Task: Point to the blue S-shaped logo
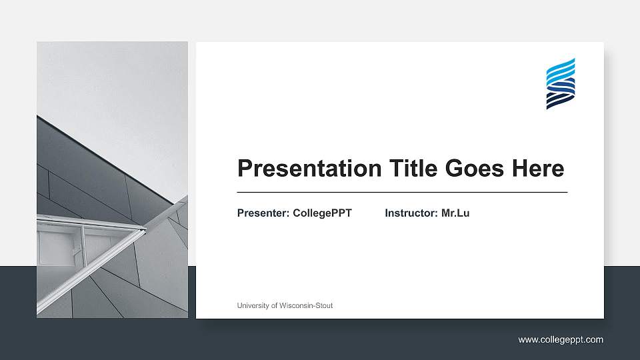(x=561, y=83)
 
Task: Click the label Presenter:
(x=263, y=213)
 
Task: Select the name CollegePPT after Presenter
(x=322, y=213)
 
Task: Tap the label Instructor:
(x=411, y=213)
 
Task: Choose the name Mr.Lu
(x=455, y=213)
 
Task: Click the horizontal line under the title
(x=402, y=192)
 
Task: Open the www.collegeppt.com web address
(x=561, y=340)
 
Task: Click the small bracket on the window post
(x=76, y=251)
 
